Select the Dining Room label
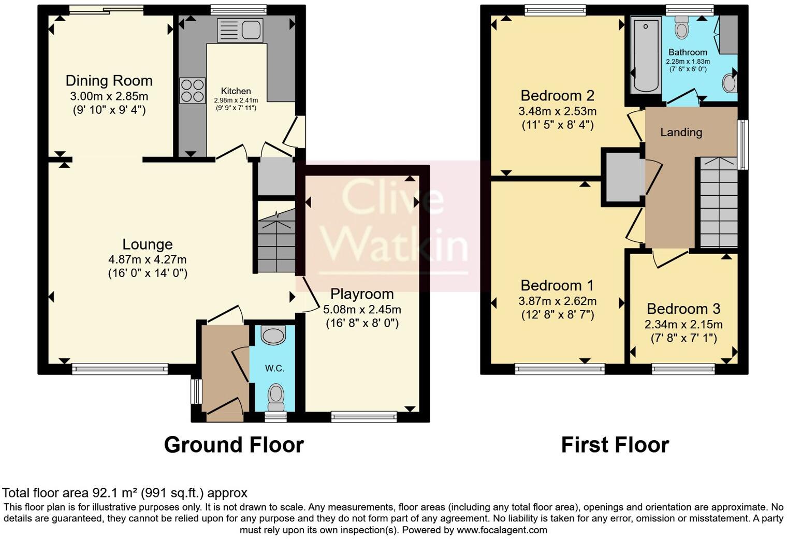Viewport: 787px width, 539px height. point(109,81)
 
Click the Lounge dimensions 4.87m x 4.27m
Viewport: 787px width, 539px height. point(148,259)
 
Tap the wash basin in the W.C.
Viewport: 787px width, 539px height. point(273,335)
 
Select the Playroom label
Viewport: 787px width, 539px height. point(362,294)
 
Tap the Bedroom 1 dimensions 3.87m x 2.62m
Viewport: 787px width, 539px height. point(557,301)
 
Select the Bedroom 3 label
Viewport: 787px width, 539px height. point(683,309)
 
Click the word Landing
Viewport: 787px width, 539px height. point(681,133)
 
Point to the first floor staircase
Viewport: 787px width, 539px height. point(719,202)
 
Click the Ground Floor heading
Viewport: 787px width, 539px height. point(234,445)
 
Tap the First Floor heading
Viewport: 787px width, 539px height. point(615,445)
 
